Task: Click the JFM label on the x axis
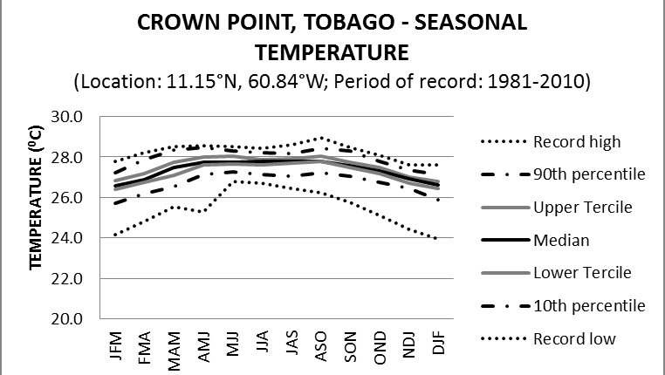point(116,347)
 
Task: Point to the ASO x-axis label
point(320,347)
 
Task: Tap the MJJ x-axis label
point(233,347)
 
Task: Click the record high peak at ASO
point(321,138)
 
